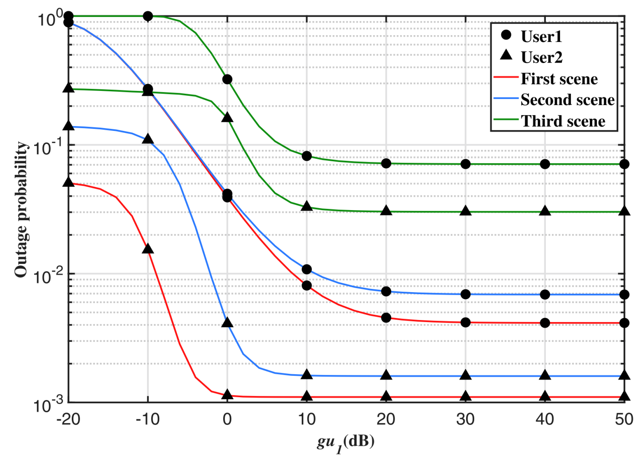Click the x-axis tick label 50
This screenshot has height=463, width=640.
click(x=624, y=419)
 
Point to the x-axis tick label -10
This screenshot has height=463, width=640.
click(x=148, y=419)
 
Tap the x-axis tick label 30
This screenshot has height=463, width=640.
click(x=465, y=419)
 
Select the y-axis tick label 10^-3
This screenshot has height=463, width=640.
click(x=48, y=404)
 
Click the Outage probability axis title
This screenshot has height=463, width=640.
click(x=21, y=209)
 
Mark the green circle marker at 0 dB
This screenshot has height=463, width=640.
click(x=227, y=80)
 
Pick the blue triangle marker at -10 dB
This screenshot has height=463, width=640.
click(x=148, y=139)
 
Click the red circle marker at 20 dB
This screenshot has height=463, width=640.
click(x=386, y=318)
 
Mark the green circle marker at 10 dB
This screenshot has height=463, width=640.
click(x=307, y=156)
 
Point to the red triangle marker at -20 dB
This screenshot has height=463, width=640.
click(x=69, y=182)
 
